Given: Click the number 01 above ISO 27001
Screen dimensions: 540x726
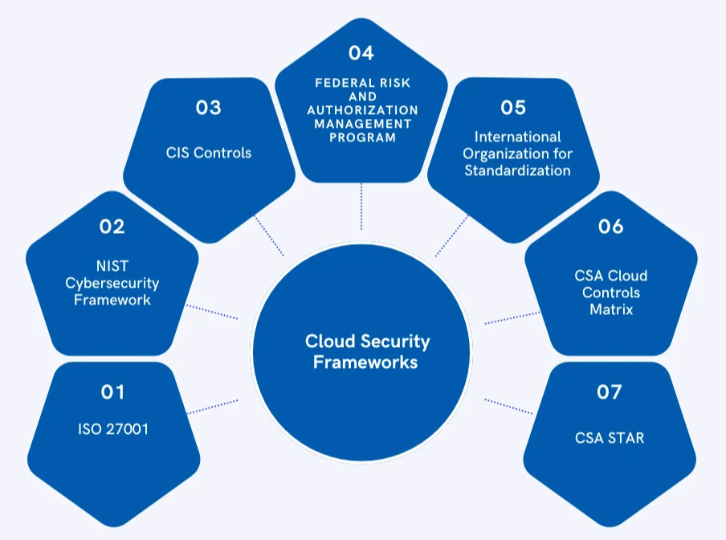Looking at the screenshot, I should [112, 392].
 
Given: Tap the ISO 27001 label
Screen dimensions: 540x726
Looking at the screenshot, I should [112, 430].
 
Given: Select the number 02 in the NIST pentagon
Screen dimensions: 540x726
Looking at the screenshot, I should [112, 227].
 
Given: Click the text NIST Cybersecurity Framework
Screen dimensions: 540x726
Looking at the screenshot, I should [112, 284].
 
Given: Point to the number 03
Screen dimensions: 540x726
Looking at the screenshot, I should [208, 108].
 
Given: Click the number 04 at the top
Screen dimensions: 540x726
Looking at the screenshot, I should [361, 53].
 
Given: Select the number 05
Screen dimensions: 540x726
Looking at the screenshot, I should [512, 108].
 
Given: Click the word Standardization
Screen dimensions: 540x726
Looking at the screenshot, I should [518, 170].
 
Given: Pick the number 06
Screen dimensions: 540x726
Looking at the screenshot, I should [610, 227].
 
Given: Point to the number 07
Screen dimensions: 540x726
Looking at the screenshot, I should [610, 392].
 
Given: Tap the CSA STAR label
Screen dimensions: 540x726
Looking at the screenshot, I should [610, 438].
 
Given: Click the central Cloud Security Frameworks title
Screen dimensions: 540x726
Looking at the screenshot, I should [367, 352].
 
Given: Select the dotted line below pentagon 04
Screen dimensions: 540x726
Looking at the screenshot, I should [361, 206].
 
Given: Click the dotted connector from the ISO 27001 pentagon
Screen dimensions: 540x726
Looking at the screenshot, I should [212, 406].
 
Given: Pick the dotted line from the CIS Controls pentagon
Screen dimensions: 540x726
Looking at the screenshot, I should [268, 235].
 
